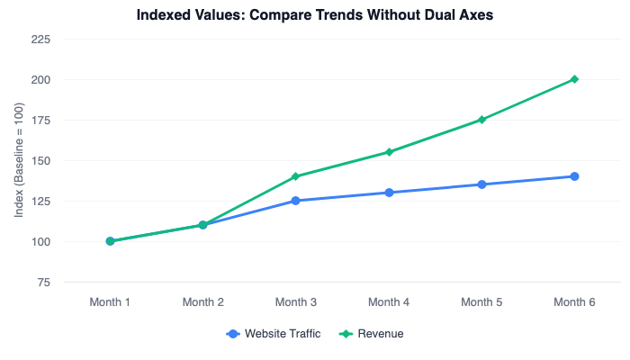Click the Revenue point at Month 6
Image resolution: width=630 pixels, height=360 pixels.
tap(574, 79)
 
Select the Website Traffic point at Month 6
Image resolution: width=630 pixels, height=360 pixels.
tap(574, 176)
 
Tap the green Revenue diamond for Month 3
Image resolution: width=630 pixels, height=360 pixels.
tap(295, 176)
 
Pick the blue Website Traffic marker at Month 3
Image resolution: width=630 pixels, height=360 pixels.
tap(295, 201)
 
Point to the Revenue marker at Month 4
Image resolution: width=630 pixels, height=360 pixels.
tap(389, 152)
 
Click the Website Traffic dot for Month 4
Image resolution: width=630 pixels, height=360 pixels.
tap(389, 193)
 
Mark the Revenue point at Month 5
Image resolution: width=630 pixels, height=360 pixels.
tap(481, 120)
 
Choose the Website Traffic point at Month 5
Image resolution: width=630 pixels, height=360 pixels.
tap(481, 184)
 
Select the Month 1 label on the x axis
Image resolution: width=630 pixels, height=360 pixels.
tap(110, 302)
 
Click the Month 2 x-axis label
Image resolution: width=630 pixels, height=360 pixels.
tap(202, 302)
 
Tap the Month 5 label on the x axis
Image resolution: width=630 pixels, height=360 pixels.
tap(481, 302)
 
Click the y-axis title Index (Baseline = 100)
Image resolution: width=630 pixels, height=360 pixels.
tap(19, 161)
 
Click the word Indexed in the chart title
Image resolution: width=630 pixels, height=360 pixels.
tap(164, 15)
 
